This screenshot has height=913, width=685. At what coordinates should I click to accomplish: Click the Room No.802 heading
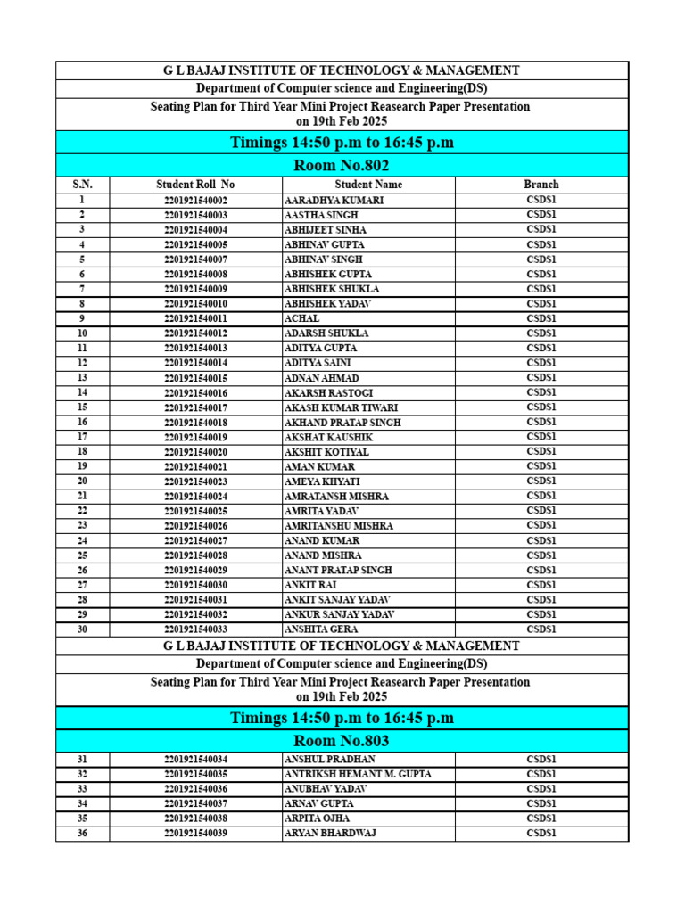pyautogui.click(x=342, y=165)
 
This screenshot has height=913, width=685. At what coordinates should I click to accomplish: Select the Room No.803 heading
pyautogui.click(x=342, y=741)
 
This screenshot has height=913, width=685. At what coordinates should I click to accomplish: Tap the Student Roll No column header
pyautogui.click(x=195, y=185)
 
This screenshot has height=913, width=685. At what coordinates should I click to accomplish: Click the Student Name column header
pyautogui.click(x=368, y=185)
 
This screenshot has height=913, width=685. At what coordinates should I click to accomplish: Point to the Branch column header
pyautogui.click(x=541, y=185)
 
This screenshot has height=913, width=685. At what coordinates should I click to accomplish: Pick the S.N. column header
pyautogui.click(x=82, y=185)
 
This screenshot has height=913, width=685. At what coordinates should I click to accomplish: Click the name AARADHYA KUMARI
pyautogui.click(x=334, y=201)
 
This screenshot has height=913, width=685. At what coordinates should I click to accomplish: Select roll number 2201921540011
pyautogui.click(x=195, y=318)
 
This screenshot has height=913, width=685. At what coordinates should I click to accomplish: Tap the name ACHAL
pyautogui.click(x=301, y=318)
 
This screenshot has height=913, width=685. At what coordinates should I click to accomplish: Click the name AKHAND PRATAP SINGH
pyautogui.click(x=342, y=423)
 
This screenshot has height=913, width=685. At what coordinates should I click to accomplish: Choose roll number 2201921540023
pyautogui.click(x=195, y=481)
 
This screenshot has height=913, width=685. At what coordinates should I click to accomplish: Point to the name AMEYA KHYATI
pyautogui.click(x=322, y=481)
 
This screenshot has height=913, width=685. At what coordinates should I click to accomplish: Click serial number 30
pyautogui.click(x=82, y=629)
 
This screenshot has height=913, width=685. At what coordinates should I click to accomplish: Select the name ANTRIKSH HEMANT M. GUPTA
pyautogui.click(x=358, y=774)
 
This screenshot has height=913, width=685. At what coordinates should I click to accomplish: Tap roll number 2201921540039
pyautogui.click(x=195, y=833)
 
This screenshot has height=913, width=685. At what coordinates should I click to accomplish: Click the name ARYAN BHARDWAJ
pyautogui.click(x=330, y=833)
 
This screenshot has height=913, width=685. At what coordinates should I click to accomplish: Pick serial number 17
pyautogui.click(x=82, y=437)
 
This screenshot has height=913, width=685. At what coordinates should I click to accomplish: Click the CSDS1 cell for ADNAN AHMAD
pyautogui.click(x=541, y=378)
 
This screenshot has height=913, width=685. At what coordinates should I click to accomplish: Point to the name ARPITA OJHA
pyautogui.click(x=317, y=818)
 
